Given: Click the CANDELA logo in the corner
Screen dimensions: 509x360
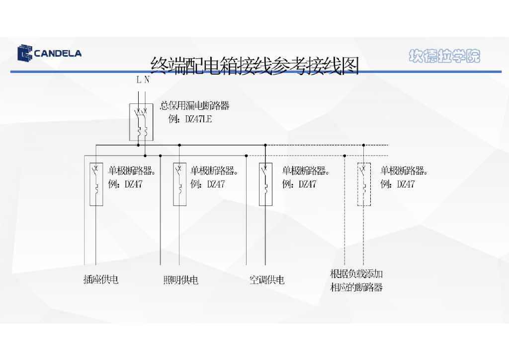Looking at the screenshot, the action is pos(49,53).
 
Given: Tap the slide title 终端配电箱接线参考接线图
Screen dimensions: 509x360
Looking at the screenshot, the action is pos(254,65).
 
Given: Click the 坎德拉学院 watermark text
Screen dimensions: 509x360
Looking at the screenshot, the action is pos(444,56).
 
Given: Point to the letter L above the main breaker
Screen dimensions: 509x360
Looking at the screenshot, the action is pos(139,80).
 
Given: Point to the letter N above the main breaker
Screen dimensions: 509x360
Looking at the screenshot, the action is pos(147,80).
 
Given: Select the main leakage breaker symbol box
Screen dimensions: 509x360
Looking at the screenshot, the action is pos(142,122).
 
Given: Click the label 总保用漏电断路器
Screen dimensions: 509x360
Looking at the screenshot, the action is pos(194,105).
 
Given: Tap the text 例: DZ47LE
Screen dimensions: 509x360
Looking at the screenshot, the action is pos(190,119).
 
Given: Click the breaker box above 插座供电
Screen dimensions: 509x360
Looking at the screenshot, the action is pos(96,184).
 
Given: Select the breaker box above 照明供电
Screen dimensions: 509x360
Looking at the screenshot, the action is pos(179,184).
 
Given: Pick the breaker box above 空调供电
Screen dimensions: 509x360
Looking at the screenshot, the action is pos(265,184).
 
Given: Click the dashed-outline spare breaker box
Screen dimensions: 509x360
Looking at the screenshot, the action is pos(364,184).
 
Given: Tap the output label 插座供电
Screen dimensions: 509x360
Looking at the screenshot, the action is pos(101,280).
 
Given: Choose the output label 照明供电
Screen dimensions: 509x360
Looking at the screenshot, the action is pos(181,280).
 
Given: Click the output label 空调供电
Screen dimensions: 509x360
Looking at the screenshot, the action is pos(267,280).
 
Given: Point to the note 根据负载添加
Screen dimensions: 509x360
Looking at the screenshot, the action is pos(356,274).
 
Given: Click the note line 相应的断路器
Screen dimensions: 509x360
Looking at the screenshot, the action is pos(356,287).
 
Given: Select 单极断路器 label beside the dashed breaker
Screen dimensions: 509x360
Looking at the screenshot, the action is pos(404,171).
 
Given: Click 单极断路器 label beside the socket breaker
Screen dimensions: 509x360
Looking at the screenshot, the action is pos(132,171).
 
